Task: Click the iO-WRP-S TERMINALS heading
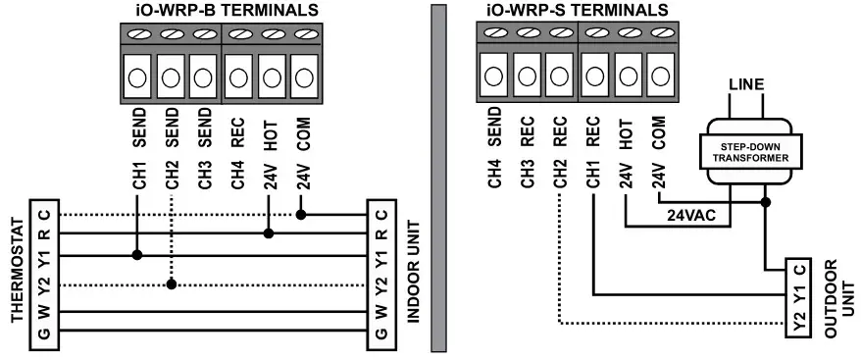tap(578, 11)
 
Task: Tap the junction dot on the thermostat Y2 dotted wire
tap(172, 284)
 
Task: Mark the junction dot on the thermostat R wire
tap(268, 233)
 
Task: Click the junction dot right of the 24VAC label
tap(766, 203)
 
